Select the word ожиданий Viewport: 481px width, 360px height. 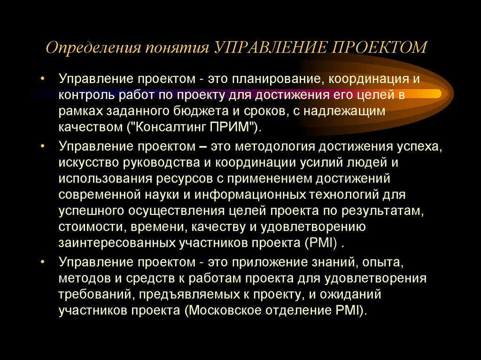click(345, 294)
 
